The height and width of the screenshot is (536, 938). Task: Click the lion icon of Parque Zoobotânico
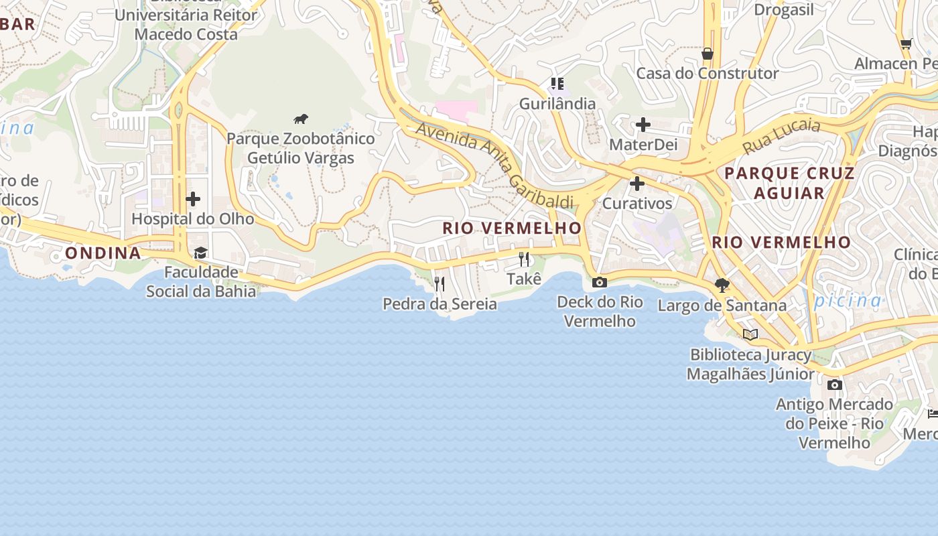tap(301, 119)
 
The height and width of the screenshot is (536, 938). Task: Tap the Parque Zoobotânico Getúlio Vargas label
tap(301, 148)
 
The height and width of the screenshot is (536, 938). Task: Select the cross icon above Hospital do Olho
tap(193, 199)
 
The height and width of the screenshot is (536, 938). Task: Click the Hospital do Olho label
tap(193, 219)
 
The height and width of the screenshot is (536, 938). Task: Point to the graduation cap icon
tap(200, 253)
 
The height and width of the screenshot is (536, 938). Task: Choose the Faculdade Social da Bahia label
tap(201, 281)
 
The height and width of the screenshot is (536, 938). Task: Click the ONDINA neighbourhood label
tap(103, 253)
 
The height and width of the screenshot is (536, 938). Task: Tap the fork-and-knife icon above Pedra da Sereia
tap(440, 284)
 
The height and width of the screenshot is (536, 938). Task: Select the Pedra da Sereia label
tap(440, 304)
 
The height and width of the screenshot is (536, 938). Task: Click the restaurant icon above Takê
tap(524, 259)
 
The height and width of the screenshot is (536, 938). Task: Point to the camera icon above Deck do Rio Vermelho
tap(600, 283)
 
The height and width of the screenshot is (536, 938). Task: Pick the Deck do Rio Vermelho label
tap(600, 312)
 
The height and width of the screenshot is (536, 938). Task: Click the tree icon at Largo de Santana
tap(722, 285)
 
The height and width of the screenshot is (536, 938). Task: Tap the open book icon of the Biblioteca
tap(750, 334)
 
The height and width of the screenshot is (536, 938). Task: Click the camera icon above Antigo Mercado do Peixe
tap(835, 385)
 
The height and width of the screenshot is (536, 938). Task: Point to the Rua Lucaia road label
tap(781, 137)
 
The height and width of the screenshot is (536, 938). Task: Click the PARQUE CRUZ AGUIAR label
tap(789, 183)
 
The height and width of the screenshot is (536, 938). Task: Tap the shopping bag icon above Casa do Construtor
tap(708, 54)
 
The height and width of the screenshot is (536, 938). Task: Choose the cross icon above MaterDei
tap(643, 125)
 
